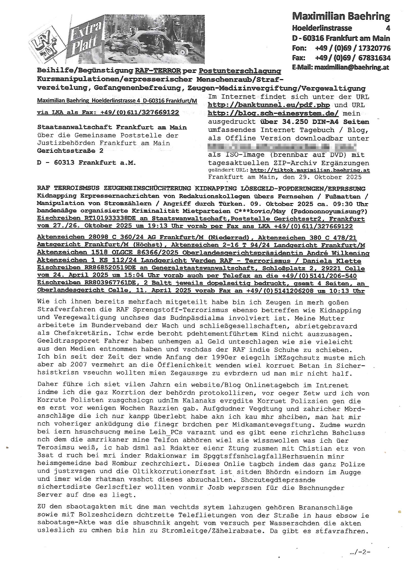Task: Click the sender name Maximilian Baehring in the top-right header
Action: coord(341,17)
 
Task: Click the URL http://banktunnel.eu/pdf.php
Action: coord(269,105)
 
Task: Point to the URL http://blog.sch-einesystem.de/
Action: coord(273,113)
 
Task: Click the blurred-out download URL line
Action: coord(282,147)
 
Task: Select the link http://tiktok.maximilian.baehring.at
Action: coord(310,170)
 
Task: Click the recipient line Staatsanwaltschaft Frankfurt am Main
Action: coord(112,127)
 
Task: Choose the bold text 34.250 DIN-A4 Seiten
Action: coord(314,122)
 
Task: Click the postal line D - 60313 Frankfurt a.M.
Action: coord(86,163)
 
